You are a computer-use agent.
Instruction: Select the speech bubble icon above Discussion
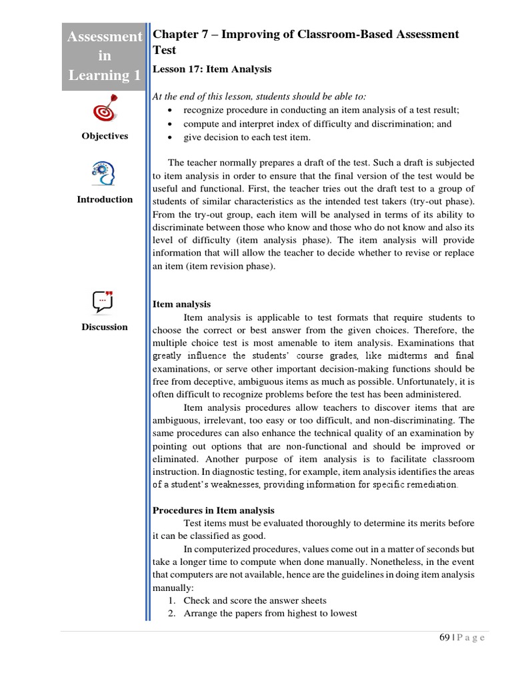104,301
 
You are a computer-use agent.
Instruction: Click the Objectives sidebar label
105,136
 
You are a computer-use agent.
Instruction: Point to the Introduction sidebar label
105,199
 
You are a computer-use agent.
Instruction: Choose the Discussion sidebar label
105,327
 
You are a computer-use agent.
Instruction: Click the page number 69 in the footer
445,638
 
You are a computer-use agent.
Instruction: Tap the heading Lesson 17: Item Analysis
212,69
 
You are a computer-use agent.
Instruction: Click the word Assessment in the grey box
105,37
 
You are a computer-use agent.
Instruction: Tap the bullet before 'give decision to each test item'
171,137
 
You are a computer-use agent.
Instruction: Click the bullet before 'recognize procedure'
171,110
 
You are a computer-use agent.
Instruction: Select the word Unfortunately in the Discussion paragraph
417,381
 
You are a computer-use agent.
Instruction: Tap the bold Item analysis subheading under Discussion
181,304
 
